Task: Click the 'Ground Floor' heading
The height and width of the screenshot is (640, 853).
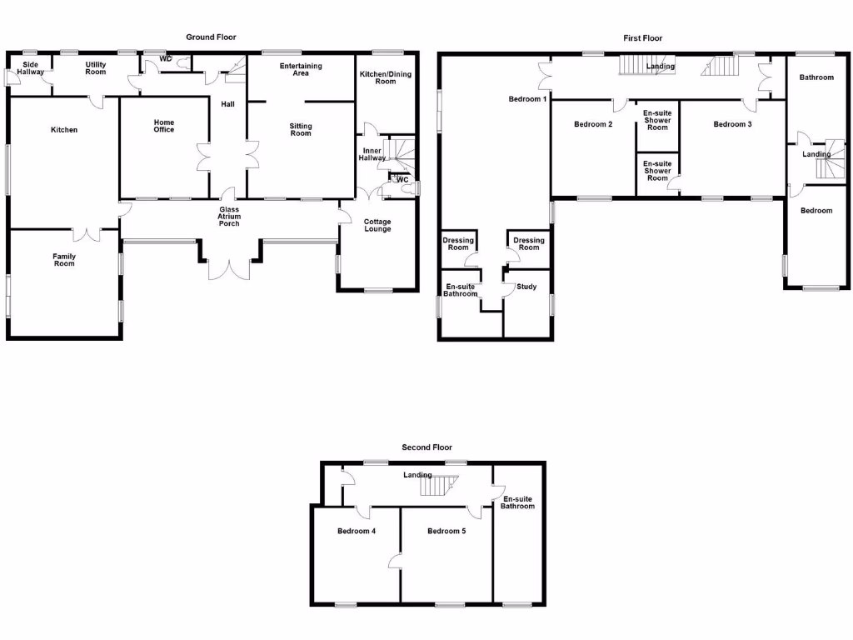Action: [211, 37]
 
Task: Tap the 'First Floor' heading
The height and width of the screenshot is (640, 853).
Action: [643, 38]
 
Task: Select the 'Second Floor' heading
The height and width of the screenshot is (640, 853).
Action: [426, 447]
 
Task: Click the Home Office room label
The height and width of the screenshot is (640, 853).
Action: [164, 126]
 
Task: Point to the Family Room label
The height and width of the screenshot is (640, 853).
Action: [64, 260]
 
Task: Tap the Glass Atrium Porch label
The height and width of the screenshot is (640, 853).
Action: [229, 217]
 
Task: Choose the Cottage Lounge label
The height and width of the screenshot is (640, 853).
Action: [377, 225]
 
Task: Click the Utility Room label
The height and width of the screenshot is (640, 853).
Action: [96, 68]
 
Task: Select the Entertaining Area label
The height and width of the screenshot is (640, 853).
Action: [301, 69]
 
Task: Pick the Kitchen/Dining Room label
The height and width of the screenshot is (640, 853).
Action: [385, 77]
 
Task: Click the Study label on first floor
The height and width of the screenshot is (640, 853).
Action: [526, 287]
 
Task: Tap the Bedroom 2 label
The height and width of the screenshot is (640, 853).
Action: [593, 125]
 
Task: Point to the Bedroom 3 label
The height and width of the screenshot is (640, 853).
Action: [733, 125]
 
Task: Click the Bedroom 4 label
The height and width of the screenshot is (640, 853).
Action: [357, 532]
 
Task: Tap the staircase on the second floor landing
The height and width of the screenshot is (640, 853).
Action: [438, 484]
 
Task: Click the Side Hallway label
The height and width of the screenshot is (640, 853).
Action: [31, 68]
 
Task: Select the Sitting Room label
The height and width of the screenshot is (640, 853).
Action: [301, 130]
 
